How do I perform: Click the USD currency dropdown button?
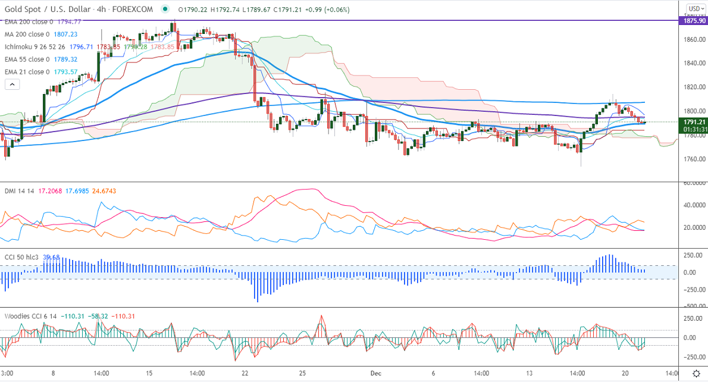[695, 8]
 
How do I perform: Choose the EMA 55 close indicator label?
[26, 60]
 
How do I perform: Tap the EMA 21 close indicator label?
[26, 72]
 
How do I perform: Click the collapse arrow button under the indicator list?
[12, 84]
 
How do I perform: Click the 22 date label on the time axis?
[245, 373]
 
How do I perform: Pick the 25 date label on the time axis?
[303, 373]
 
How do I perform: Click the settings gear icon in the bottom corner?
[696, 373]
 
